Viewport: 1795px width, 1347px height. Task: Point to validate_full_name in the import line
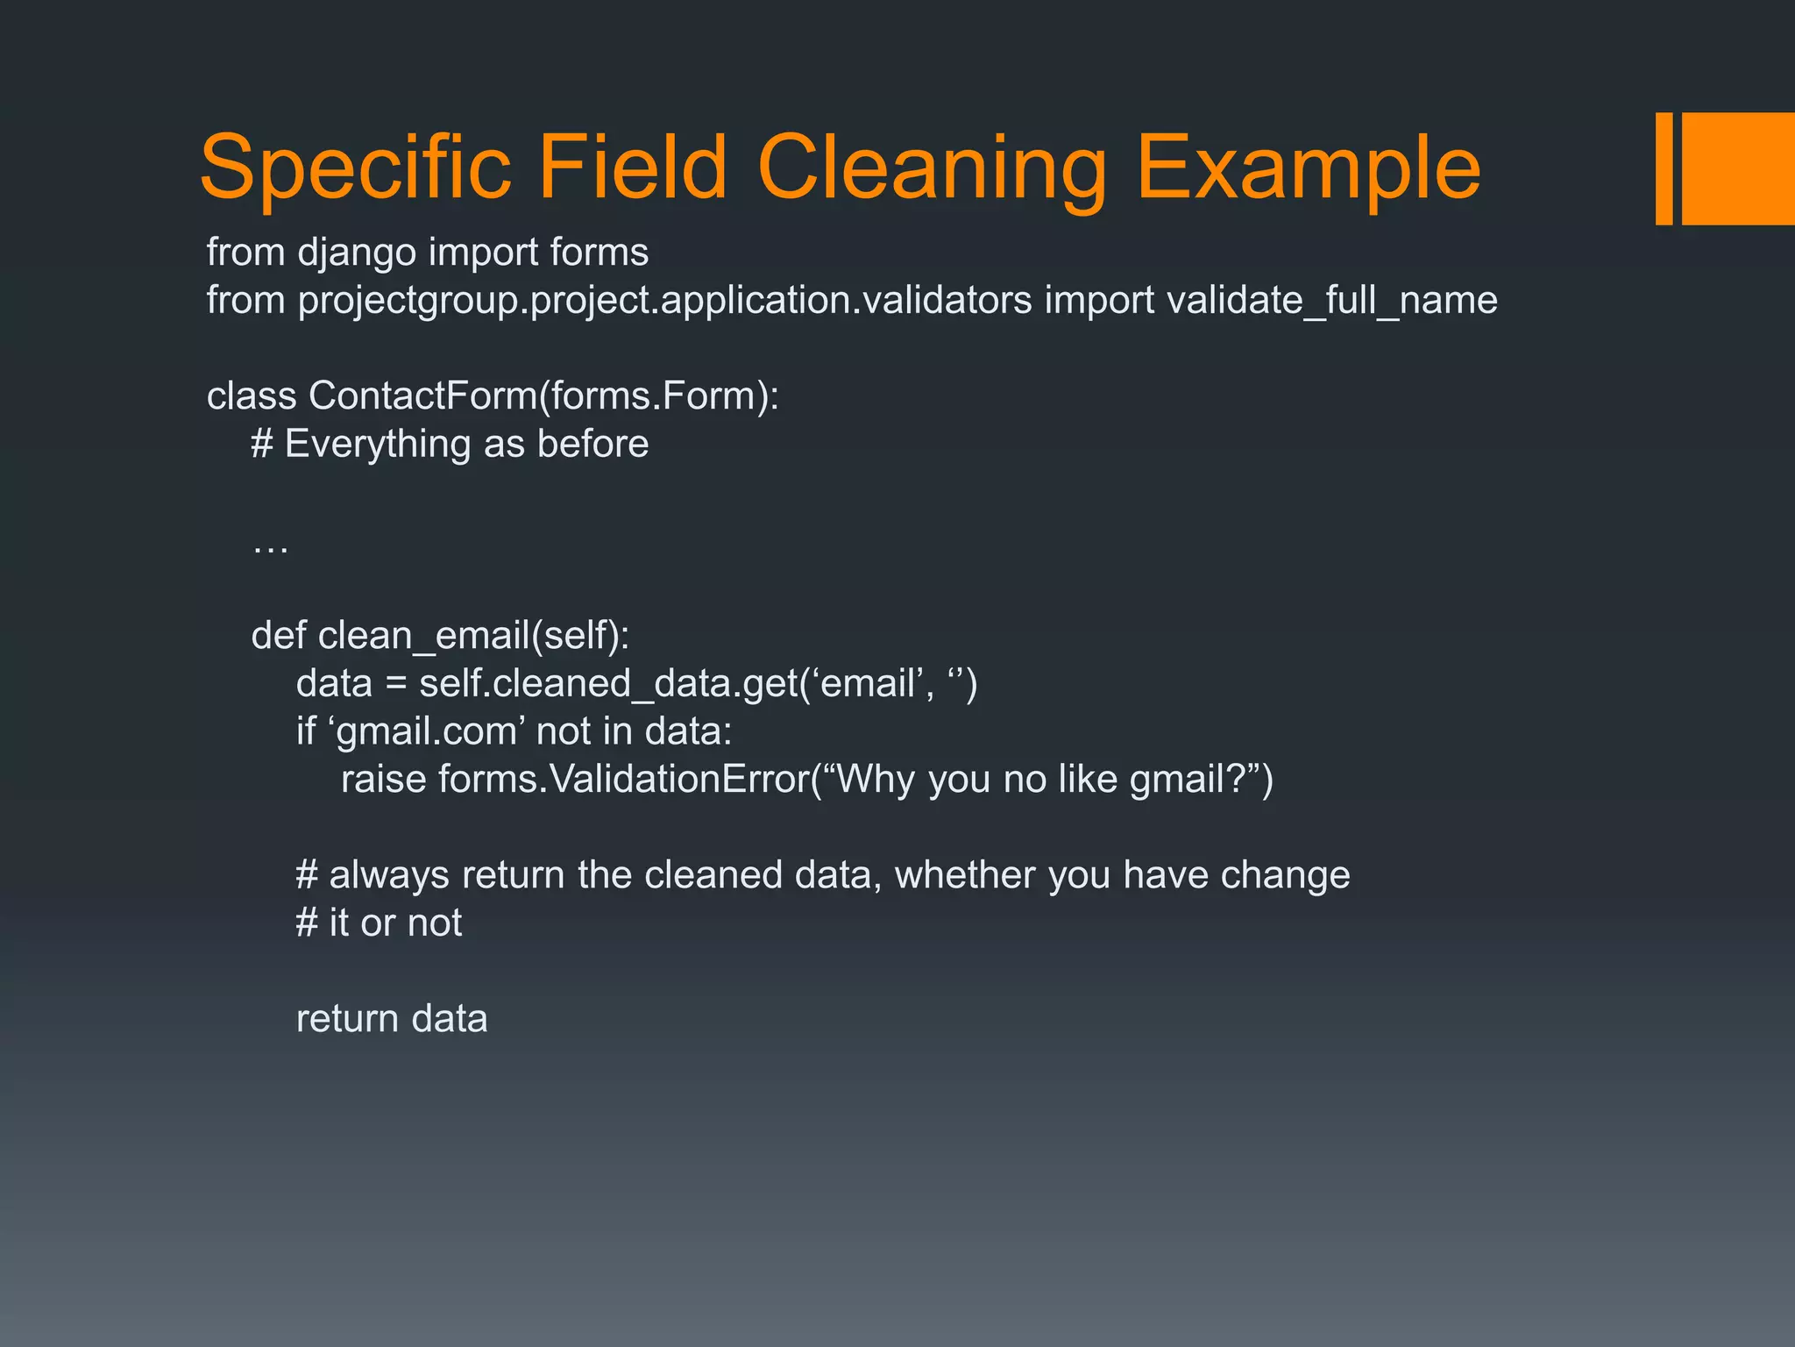coord(1332,301)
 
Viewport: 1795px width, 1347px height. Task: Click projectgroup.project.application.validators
coord(665,301)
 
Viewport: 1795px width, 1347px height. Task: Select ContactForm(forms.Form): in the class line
coord(543,396)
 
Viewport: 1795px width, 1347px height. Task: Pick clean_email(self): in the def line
coord(473,636)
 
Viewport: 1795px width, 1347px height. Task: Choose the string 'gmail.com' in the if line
coord(430,731)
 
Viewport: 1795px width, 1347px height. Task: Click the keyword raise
coord(383,780)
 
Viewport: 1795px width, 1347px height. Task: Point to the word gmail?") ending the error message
coord(1201,780)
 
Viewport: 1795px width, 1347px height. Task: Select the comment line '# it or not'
coord(379,923)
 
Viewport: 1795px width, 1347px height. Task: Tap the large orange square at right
coord(1738,168)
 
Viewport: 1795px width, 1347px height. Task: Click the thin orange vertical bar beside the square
coord(1664,168)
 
